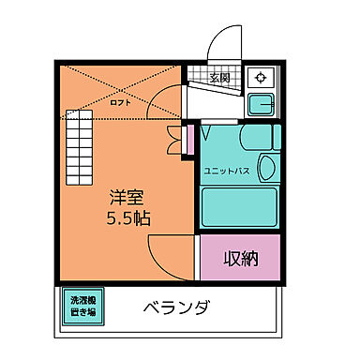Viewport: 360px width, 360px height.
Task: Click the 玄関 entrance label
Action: (x=220, y=78)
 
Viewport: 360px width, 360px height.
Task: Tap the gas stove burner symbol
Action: (x=261, y=78)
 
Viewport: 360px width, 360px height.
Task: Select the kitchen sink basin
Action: (x=262, y=104)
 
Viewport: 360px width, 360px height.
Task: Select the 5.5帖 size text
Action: (x=128, y=219)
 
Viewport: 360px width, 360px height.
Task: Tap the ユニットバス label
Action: (x=226, y=172)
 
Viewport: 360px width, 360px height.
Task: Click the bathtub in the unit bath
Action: (x=239, y=205)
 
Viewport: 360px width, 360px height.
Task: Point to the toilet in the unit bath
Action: (x=265, y=169)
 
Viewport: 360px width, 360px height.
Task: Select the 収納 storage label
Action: (x=240, y=258)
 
